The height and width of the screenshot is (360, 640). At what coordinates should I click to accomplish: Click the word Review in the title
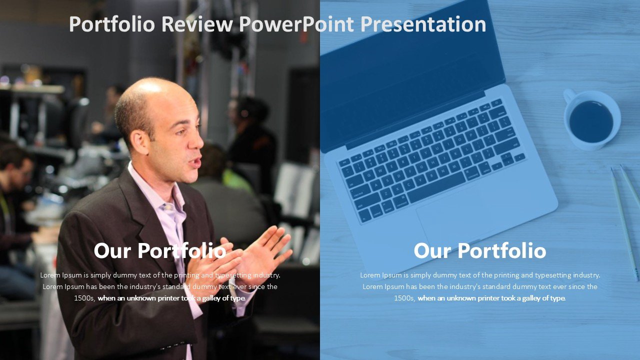197,24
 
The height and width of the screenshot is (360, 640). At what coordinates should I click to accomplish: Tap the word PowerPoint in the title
296,24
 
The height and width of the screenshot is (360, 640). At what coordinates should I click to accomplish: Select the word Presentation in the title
423,24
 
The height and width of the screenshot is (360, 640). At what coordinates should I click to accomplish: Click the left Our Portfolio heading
160,250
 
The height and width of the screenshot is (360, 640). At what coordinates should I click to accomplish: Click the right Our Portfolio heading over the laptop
480,250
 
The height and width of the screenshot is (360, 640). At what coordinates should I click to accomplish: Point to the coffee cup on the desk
591,119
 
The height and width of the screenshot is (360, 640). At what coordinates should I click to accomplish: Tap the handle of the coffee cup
569,95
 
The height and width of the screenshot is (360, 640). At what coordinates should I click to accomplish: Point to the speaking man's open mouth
196,162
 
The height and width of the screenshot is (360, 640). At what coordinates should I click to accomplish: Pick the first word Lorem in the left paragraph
50,275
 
